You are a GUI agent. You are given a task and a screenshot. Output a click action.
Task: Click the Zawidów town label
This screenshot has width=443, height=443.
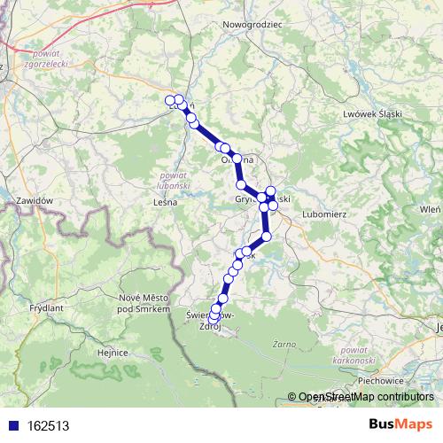click(35, 201)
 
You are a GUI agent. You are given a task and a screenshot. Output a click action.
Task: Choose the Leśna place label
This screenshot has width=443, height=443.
click(166, 202)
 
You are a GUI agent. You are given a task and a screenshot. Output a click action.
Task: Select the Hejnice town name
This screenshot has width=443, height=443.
click(113, 353)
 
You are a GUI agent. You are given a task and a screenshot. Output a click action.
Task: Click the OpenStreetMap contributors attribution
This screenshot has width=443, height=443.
click(361, 397)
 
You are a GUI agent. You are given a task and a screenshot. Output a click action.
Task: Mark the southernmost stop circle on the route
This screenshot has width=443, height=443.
click(214, 318)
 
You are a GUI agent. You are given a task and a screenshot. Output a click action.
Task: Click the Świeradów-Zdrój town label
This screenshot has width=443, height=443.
click(209, 320)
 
